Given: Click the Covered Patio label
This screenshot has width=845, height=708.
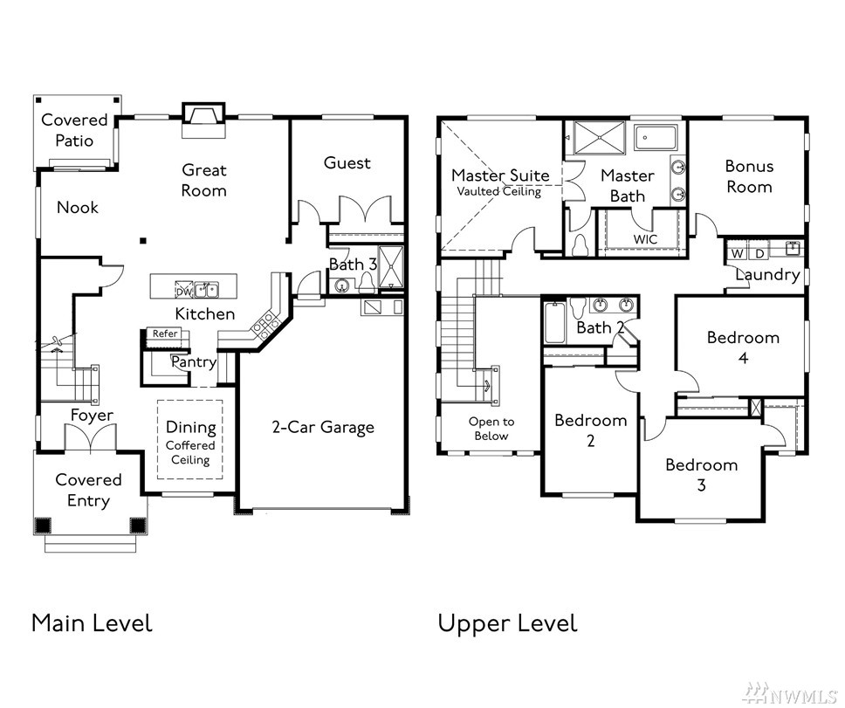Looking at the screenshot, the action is pyautogui.click(x=74, y=130).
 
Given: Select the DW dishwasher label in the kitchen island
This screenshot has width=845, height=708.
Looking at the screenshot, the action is pyautogui.click(x=184, y=292).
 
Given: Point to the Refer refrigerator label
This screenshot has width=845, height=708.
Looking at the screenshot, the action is pyautogui.click(x=164, y=333).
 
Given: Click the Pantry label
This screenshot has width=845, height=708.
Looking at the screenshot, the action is pyautogui.click(x=194, y=362).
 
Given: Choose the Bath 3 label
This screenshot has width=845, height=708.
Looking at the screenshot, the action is pyautogui.click(x=353, y=264).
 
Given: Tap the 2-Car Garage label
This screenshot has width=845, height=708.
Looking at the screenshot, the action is pyautogui.click(x=323, y=427).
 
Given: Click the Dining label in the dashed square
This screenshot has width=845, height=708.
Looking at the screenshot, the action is pyautogui.click(x=191, y=427).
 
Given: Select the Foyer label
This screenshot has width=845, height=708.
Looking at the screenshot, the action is pyautogui.click(x=93, y=415).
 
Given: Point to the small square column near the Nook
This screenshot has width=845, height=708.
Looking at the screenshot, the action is pyautogui.click(x=142, y=240).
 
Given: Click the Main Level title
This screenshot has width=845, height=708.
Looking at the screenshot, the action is pyautogui.click(x=93, y=622).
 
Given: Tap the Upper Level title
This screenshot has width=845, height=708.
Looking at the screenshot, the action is pyautogui.click(x=508, y=624).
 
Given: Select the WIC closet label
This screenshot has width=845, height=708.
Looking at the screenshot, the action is pyautogui.click(x=645, y=238).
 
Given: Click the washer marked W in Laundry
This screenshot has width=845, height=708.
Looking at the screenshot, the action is pyautogui.click(x=738, y=253).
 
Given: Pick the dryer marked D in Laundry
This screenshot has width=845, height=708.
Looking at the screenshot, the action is pyautogui.click(x=759, y=253).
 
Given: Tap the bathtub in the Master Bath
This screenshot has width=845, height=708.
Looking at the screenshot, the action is pyautogui.click(x=655, y=139).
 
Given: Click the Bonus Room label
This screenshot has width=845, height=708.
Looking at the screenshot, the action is pyautogui.click(x=749, y=176).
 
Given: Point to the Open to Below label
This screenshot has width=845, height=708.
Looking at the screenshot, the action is pyautogui.click(x=491, y=429).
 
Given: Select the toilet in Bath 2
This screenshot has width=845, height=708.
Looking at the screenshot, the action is pyautogui.click(x=577, y=307).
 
